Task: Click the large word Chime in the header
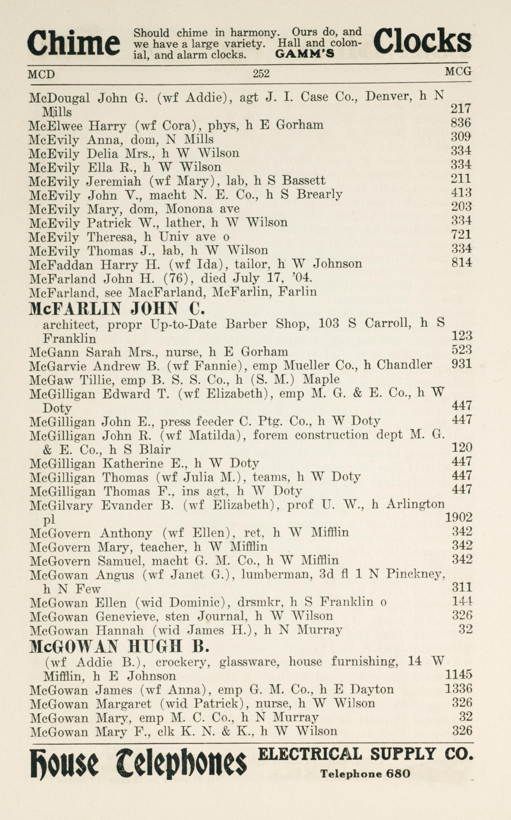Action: click(73, 44)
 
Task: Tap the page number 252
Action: click(261, 73)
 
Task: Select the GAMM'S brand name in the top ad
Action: click(304, 54)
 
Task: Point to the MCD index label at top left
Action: click(41, 74)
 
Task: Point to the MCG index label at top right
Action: click(458, 71)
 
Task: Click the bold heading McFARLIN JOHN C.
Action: click(117, 308)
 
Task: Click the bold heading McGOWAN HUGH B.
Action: click(119, 647)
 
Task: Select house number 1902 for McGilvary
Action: click(459, 518)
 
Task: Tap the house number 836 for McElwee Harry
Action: click(461, 123)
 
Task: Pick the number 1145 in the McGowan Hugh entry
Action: click(459, 675)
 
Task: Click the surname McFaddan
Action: click(61, 264)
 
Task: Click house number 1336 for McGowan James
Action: click(459, 688)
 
